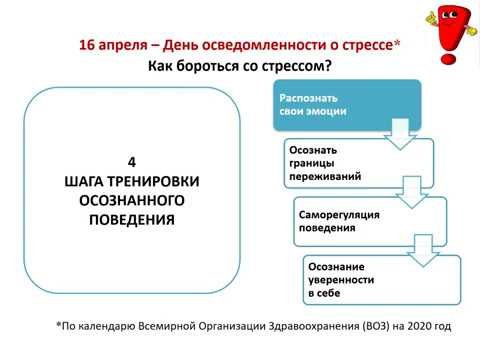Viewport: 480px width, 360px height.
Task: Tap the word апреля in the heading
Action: coord(129,46)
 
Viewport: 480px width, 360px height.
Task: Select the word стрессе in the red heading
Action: coord(366,46)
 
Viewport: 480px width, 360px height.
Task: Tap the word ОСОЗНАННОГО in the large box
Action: coord(132,200)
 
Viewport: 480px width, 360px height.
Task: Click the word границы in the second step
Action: coord(309,163)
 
